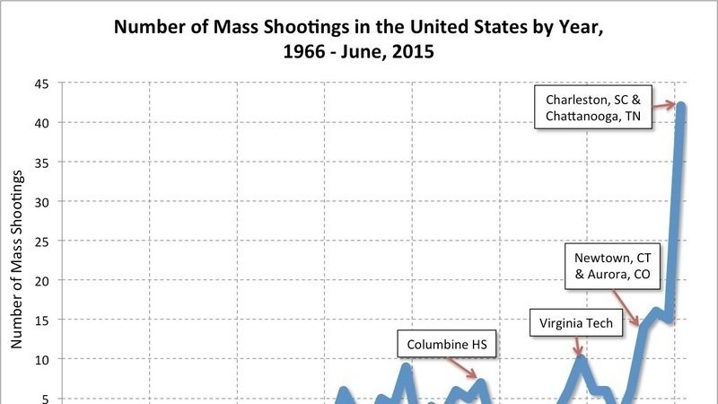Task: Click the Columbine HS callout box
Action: coord(447,344)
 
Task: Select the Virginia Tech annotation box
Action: coord(582,322)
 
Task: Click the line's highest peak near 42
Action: coord(681,107)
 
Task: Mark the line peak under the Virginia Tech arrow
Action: coord(582,359)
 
